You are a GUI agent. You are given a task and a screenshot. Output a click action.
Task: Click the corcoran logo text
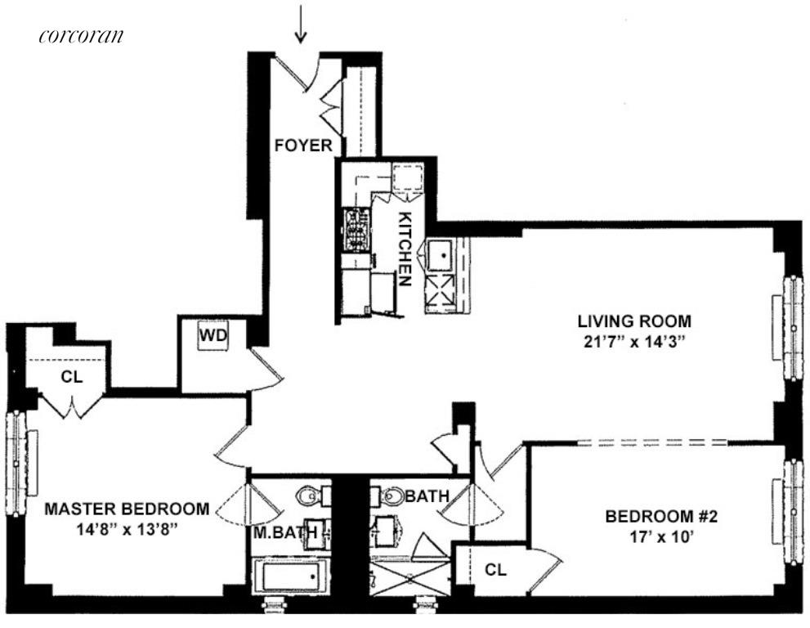point(80,36)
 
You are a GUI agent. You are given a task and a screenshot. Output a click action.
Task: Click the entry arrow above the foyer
point(302,24)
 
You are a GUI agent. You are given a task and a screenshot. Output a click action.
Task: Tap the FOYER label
point(303,147)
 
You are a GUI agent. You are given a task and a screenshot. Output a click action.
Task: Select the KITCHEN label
point(405,249)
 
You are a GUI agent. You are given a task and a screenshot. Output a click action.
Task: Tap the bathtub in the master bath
point(290,577)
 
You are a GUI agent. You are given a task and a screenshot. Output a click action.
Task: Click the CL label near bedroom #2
point(495,570)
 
